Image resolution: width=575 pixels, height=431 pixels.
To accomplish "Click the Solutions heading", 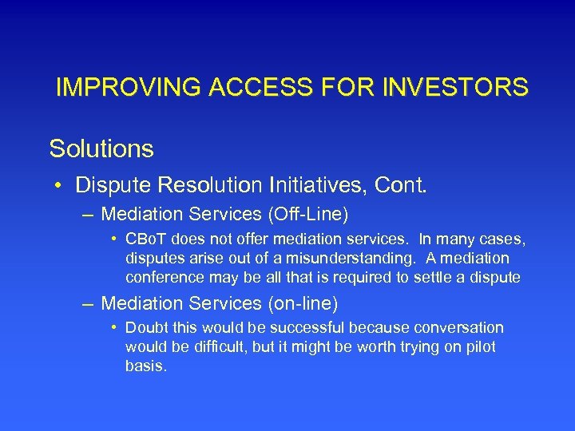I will [101, 148].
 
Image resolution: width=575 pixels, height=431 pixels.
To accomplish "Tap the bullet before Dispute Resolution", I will [60, 187].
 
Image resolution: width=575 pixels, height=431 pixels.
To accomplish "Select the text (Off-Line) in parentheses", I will [310, 215].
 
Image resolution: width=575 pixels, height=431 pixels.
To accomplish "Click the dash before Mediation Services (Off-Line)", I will [87, 215].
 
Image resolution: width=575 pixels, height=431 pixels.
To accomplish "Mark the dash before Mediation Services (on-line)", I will [87, 303].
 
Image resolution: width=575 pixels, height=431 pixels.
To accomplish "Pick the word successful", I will [298, 328].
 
